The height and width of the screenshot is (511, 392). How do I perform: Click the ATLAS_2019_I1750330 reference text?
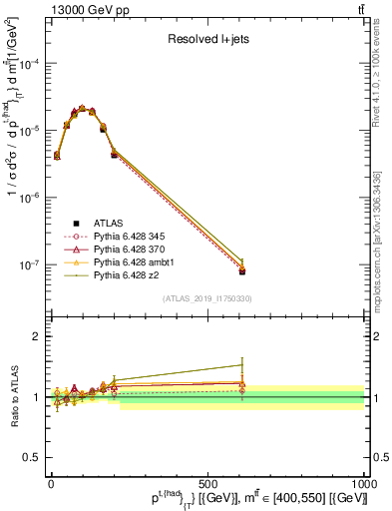(207, 298)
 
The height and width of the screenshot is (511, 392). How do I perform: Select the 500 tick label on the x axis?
(207, 482)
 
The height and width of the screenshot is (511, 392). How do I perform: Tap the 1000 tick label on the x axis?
(363, 482)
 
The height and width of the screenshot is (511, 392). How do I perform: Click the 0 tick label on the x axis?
(51, 482)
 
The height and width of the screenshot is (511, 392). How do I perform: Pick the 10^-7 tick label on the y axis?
(29, 265)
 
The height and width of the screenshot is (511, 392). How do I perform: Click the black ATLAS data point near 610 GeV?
(241, 271)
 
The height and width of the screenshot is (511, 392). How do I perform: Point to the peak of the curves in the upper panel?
(82, 107)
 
